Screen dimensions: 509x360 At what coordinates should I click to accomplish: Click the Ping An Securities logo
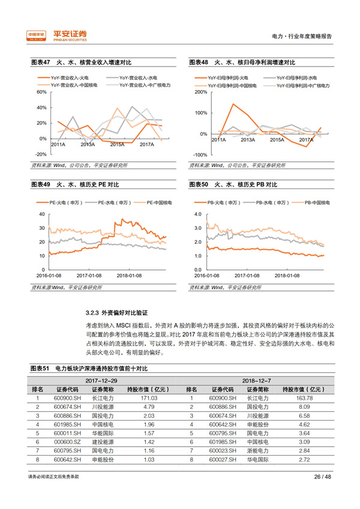click(x=58, y=36)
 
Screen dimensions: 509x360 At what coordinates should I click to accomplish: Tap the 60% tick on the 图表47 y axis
click(x=41, y=92)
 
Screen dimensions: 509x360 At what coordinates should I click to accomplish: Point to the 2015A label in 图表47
click(x=117, y=144)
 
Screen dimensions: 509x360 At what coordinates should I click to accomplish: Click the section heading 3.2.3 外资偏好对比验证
click(x=117, y=313)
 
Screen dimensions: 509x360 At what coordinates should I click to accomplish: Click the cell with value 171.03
click(x=149, y=398)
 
